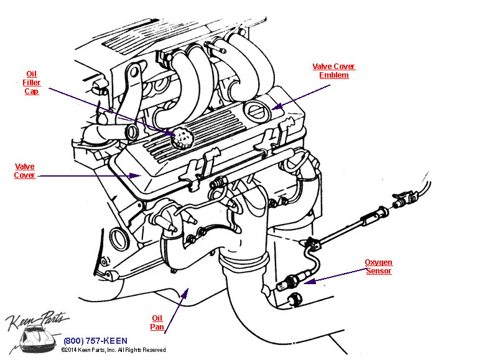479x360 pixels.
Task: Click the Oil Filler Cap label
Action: point(32,82)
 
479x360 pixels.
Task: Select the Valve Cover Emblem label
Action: point(334,71)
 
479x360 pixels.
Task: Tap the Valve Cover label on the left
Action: point(25,171)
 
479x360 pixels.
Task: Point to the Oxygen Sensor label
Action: point(378,267)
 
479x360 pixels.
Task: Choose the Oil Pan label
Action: point(157,322)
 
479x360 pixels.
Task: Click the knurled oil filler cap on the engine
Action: point(181,136)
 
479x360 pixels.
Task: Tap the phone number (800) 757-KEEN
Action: point(95,341)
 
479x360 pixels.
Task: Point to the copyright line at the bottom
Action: point(113,350)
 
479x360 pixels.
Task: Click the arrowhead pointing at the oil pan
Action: point(185,291)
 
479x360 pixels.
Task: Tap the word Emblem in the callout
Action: point(334,75)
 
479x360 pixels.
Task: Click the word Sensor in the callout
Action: point(378,271)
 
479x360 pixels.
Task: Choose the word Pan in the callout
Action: point(157,326)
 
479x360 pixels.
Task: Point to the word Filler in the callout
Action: point(32,82)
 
